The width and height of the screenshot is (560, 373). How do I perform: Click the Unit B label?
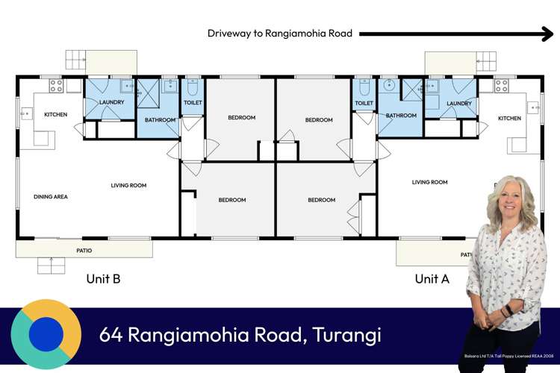coord(104,279)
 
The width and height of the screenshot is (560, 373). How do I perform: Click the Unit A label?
coord(432,279)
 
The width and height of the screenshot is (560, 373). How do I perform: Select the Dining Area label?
coord(51,197)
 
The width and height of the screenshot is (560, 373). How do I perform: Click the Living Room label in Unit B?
coord(128,186)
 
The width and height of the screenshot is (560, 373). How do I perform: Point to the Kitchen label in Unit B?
coord(56,114)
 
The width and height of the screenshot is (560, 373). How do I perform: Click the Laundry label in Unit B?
coord(111,102)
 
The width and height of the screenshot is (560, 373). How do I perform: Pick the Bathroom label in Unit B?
coord(160,119)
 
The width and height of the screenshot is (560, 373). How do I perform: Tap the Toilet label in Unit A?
coord(364,103)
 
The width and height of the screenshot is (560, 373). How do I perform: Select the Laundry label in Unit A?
coord(458,103)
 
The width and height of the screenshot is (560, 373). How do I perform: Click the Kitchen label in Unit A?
coord(510,119)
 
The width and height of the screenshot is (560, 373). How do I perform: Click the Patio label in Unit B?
coord(84,251)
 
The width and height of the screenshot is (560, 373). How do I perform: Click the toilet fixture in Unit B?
coord(193,87)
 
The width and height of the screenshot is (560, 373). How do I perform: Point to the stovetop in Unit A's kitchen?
coord(502,85)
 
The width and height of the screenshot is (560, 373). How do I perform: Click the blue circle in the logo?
coord(46,333)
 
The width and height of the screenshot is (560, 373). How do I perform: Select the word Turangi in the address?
coord(345,335)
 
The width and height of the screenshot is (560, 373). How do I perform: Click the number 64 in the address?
coord(111,335)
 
